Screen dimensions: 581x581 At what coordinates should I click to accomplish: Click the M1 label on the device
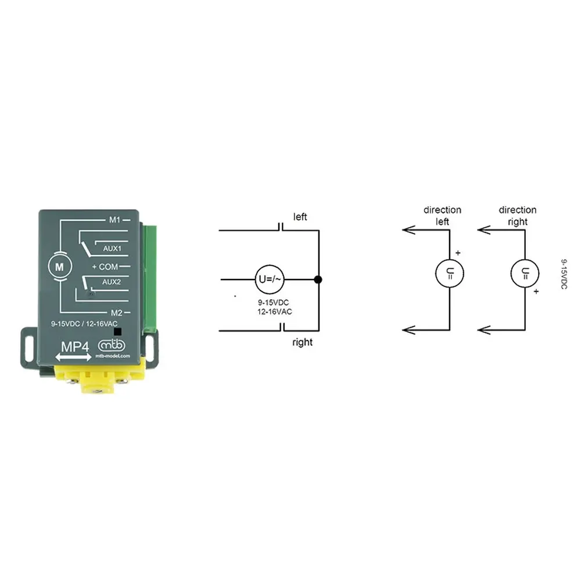click(114, 220)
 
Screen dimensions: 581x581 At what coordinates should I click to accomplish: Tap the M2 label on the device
click(116, 313)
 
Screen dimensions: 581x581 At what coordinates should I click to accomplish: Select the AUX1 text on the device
click(112, 248)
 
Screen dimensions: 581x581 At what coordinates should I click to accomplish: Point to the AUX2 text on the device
click(112, 282)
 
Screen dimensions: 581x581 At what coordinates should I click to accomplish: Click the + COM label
click(105, 267)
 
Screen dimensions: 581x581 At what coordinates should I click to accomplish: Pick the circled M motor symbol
click(59, 267)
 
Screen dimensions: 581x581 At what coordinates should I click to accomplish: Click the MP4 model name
click(75, 347)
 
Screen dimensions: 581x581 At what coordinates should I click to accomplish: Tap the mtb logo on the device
click(112, 345)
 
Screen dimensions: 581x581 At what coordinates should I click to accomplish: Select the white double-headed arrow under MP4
click(73, 357)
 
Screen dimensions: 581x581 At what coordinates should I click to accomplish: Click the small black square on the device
click(117, 331)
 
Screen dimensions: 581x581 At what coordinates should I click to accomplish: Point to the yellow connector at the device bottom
click(99, 376)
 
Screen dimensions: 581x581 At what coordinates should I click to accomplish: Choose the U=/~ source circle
click(270, 279)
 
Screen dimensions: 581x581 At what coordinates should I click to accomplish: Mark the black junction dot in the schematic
click(318, 279)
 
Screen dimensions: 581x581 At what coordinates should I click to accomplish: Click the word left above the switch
click(300, 217)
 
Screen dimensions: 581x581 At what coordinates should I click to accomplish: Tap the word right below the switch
click(302, 342)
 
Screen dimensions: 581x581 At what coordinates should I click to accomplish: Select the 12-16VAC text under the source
click(275, 311)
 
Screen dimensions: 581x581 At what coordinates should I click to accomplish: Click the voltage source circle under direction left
click(450, 274)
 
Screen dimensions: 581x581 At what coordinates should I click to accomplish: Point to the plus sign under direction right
click(536, 292)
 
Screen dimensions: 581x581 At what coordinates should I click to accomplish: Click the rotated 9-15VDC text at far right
click(564, 274)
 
